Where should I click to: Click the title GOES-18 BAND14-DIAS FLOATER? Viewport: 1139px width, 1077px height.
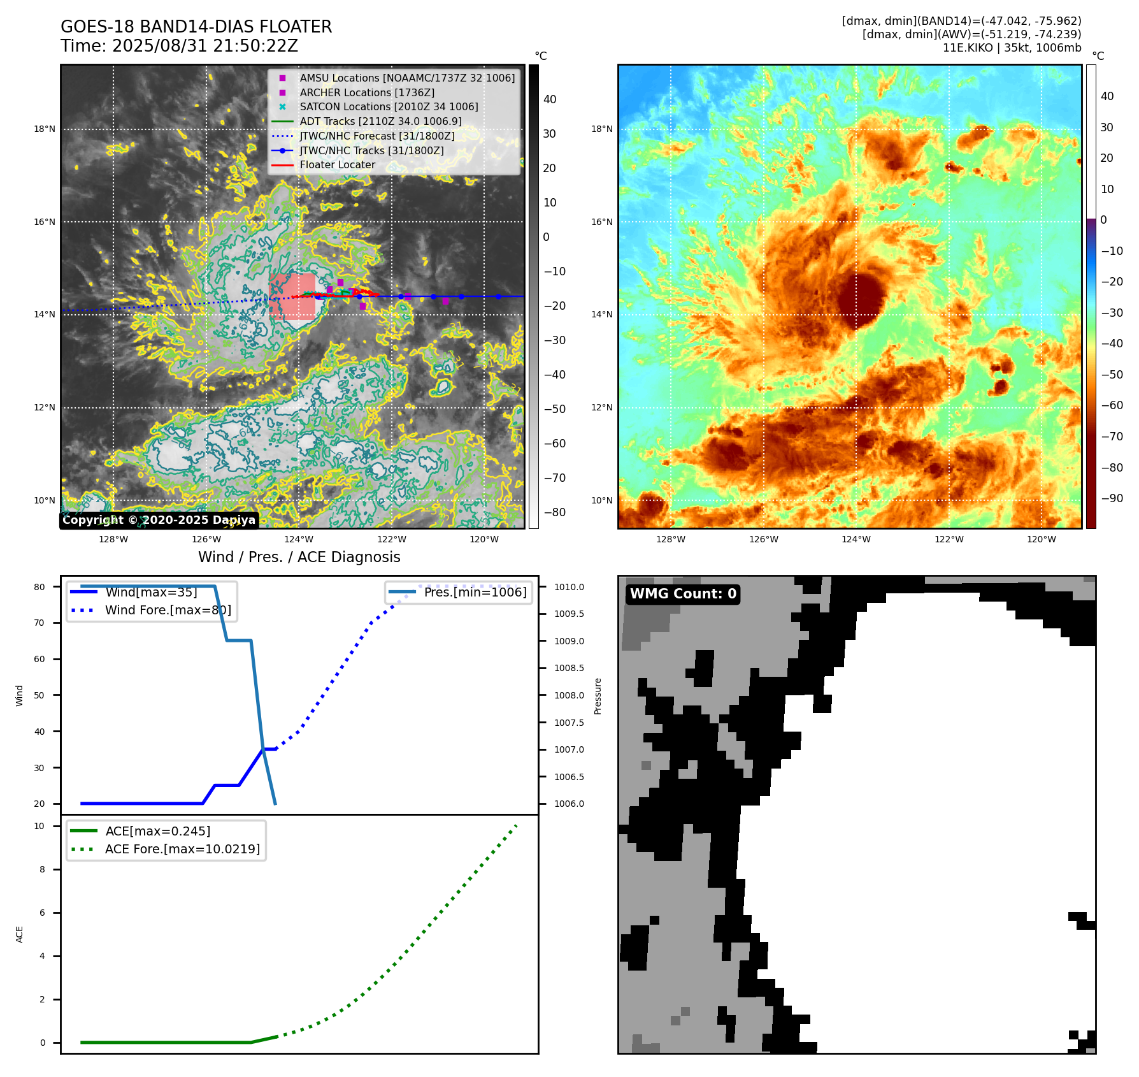coord(196,27)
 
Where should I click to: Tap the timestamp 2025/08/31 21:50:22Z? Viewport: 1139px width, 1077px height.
coord(204,46)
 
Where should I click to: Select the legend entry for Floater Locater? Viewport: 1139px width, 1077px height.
coord(337,164)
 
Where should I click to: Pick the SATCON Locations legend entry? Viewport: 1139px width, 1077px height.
coord(389,106)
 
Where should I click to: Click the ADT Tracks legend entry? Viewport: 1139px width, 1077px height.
coord(380,121)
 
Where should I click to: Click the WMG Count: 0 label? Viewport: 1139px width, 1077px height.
coord(683,594)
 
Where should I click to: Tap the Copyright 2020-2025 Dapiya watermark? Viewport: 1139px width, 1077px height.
coord(159,520)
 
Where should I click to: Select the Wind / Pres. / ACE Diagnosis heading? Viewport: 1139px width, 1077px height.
coord(299,557)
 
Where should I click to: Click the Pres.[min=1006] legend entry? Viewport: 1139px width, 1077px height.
coord(475,592)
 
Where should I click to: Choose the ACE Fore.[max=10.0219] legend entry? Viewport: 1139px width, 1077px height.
coord(182,849)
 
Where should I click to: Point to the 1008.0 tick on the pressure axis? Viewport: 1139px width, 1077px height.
coord(569,695)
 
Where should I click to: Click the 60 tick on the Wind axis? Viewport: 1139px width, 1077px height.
coord(39,659)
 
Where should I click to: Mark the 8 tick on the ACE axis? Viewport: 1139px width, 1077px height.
coord(42,869)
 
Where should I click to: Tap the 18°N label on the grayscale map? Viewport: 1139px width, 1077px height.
coord(45,129)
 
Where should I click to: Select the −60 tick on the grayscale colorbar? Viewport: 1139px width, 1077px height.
coord(554,444)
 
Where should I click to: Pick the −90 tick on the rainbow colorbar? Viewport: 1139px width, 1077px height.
coord(1112,498)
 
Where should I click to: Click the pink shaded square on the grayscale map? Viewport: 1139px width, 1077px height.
coord(292,296)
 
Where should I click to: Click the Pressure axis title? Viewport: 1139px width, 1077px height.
coord(598,695)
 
